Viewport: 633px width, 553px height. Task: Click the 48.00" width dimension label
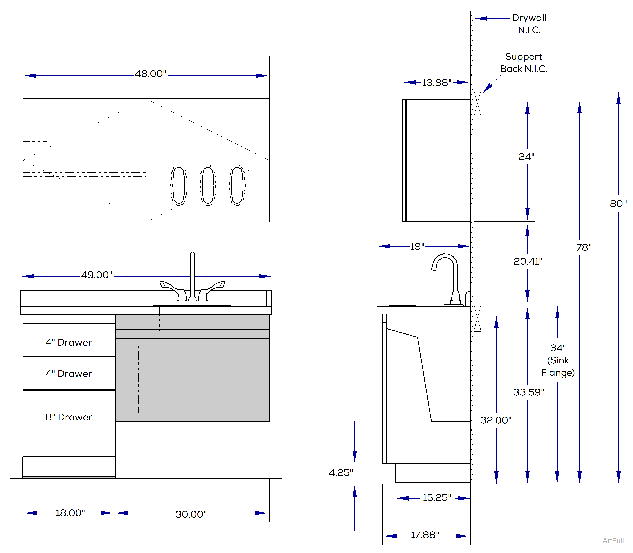(x=150, y=74)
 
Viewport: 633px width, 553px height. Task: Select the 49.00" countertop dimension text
(x=97, y=275)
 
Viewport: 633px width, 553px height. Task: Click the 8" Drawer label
(x=69, y=417)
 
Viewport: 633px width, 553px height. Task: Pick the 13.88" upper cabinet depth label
(x=437, y=83)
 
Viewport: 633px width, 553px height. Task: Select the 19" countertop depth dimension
(x=417, y=247)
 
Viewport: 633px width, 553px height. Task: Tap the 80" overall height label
(x=618, y=204)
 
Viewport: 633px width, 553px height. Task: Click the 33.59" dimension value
(x=529, y=392)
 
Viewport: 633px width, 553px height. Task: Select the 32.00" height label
(x=496, y=420)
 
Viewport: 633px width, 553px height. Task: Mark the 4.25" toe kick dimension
(x=341, y=472)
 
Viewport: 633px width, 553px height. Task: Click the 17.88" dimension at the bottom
(x=425, y=535)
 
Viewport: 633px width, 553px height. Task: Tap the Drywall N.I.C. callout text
(x=529, y=24)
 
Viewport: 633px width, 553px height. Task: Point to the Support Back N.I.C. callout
(x=524, y=63)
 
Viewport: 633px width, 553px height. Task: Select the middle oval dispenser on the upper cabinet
(x=208, y=185)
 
